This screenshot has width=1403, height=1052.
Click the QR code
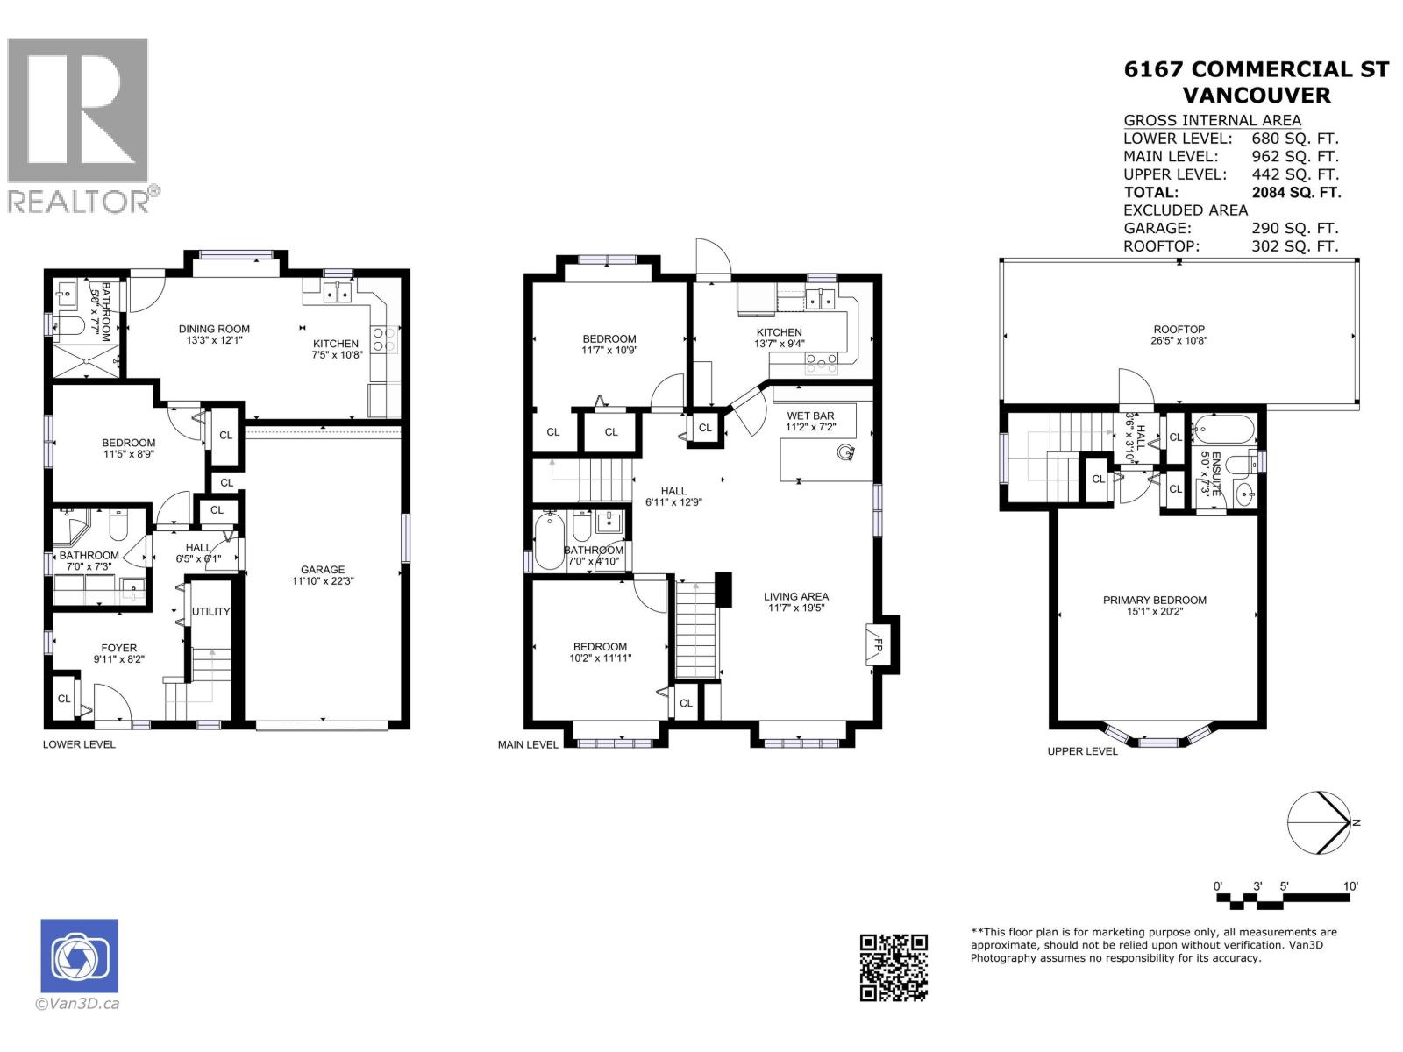(894, 967)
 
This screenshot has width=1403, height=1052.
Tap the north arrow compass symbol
(1319, 822)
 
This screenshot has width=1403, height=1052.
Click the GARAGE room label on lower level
(323, 569)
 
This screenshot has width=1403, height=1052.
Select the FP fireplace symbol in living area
(875, 645)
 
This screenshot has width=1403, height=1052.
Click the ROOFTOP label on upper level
(1179, 330)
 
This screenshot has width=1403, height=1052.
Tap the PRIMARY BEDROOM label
(1154, 601)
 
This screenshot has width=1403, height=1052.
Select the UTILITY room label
(210, 611)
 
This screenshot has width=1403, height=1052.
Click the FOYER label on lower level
(118, 648)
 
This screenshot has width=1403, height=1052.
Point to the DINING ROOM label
(214, 329)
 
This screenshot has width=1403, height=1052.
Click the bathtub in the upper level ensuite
(1224, 430)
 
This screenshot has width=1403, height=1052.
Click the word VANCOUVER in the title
(1256, 95)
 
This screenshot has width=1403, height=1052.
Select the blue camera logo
(79, 956)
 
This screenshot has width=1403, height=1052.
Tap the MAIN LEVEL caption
(528, 744)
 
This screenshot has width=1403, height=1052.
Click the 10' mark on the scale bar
(1350, 886)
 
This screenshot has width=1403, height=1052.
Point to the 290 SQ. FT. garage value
(1294, 228)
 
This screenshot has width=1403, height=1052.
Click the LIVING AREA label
(795, 596)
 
